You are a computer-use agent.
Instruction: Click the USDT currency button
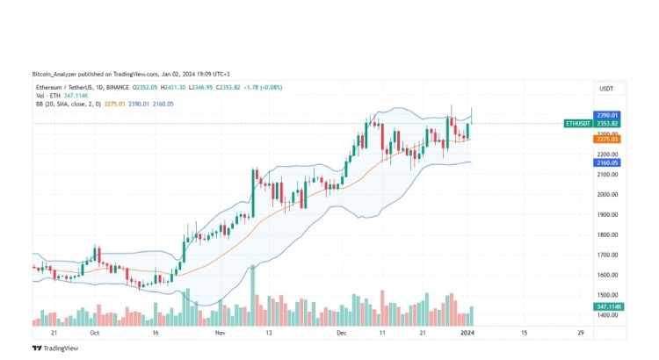pos(606,89)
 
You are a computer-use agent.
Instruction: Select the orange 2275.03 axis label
pos(608,139)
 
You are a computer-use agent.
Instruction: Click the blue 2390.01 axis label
pos(608,115)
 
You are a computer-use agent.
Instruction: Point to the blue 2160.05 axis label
pos(608,162)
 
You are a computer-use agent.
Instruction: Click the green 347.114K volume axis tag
pos(609,306)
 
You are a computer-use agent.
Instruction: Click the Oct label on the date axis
pos(94,334)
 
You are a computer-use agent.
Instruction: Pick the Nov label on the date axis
pos(221,334)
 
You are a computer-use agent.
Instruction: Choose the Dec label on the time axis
pos(343,334)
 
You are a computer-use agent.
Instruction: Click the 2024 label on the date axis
pos(467,334)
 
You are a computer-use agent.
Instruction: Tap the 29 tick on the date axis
pos(580,334)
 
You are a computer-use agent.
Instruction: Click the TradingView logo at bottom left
pos(52,348)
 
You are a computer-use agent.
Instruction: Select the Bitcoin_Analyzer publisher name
pos(56,74)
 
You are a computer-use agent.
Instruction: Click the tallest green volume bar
pos(253,295)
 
